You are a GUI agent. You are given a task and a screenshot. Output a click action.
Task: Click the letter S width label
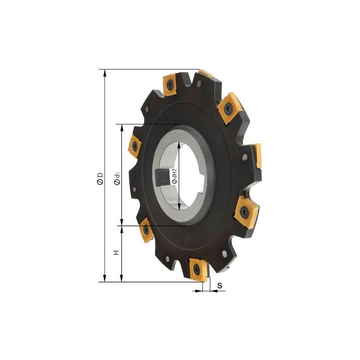coord(219,285)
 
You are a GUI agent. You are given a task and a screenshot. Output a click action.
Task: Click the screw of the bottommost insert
coord(197,270)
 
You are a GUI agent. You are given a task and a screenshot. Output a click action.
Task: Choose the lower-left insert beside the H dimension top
coord(145,230)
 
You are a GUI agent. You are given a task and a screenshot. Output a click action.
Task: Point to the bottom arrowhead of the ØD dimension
coord(105,279)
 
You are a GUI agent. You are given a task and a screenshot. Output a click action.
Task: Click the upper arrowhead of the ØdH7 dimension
coord(179,144)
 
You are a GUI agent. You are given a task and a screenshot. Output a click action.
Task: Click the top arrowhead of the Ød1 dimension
coord(121,128)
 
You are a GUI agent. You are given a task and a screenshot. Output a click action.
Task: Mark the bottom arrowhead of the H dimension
coord(121,279)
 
